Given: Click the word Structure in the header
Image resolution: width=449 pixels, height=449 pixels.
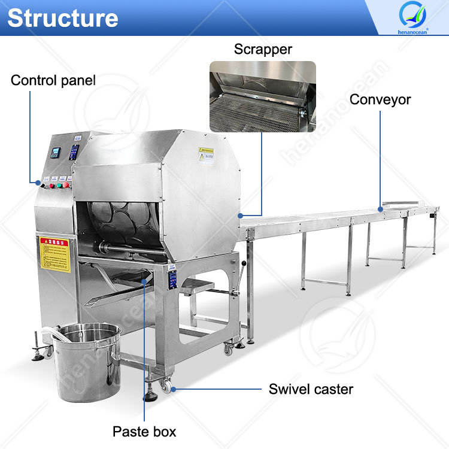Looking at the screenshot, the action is [62, 18].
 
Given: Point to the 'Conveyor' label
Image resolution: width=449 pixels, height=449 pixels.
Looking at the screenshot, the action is [380, 99].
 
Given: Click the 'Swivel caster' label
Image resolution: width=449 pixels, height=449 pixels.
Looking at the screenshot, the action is [311, 389].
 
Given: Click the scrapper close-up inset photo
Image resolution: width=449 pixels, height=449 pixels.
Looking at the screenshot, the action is [262, 96].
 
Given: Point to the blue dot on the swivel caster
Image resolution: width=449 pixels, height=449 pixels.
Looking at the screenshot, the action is [173, 389].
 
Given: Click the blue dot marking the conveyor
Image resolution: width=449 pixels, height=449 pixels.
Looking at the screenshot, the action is [380, 209].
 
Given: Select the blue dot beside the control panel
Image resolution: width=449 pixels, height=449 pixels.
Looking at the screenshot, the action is [37, 181].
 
